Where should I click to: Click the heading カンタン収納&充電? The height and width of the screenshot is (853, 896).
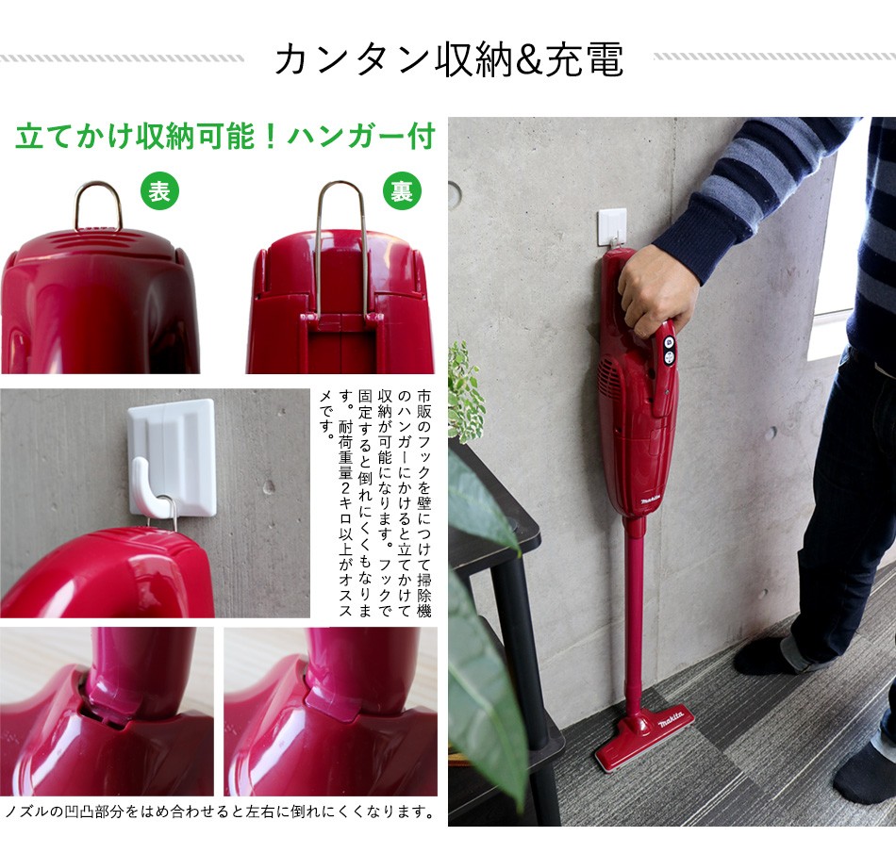click(449, 59)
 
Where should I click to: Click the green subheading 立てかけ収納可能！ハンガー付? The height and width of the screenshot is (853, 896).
click(224, 137)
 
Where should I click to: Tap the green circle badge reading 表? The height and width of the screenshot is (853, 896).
click(159, 191)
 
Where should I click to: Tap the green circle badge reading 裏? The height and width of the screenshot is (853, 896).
click(402, 191)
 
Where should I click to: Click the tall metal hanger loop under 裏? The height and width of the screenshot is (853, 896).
click(340, 245)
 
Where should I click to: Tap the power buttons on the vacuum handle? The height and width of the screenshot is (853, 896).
click(669, 350)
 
